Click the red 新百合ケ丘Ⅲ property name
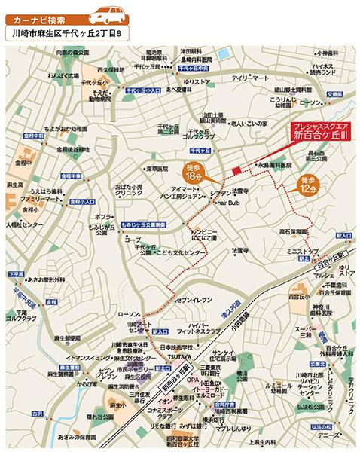click(320, 137)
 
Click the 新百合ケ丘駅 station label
click(176, 383)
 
